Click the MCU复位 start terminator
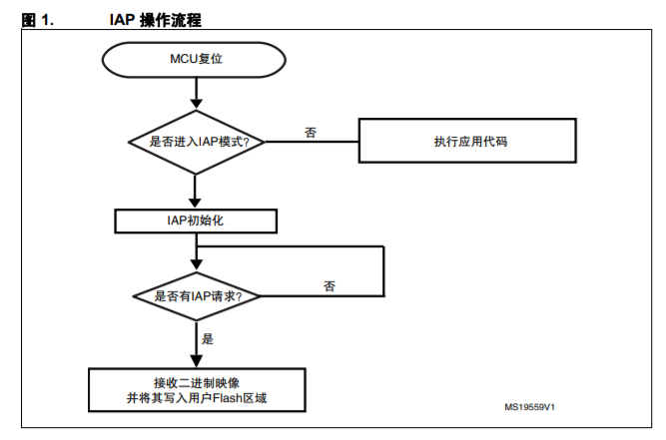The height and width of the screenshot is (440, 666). (194, 60)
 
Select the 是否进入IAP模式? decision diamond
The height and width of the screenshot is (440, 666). (197, 142)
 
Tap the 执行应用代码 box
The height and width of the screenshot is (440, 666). (467, 141)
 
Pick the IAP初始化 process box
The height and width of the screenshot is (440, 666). (196, 220)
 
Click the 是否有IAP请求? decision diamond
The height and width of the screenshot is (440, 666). (197, 296)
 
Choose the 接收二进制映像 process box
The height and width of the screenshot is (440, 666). (197, 390)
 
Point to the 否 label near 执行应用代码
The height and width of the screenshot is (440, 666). (311, 133)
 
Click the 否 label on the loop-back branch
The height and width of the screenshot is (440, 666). (330, 286)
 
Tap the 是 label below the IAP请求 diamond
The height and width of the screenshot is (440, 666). (208, 338)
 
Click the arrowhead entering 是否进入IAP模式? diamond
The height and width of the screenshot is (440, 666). (197, 104)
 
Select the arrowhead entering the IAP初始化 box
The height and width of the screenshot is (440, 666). (195, 203)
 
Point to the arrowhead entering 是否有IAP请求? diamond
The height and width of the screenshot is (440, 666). (197, 264)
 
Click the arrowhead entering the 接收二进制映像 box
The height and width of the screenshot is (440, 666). (197, 361)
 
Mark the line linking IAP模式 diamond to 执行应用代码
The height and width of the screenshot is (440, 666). (312, 142)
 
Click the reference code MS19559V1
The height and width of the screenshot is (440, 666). (529, 407)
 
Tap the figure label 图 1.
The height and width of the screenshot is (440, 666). (37, 20)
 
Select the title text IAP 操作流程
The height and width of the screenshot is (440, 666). (155, 20)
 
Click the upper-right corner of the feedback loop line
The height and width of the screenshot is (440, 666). (384, 246)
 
